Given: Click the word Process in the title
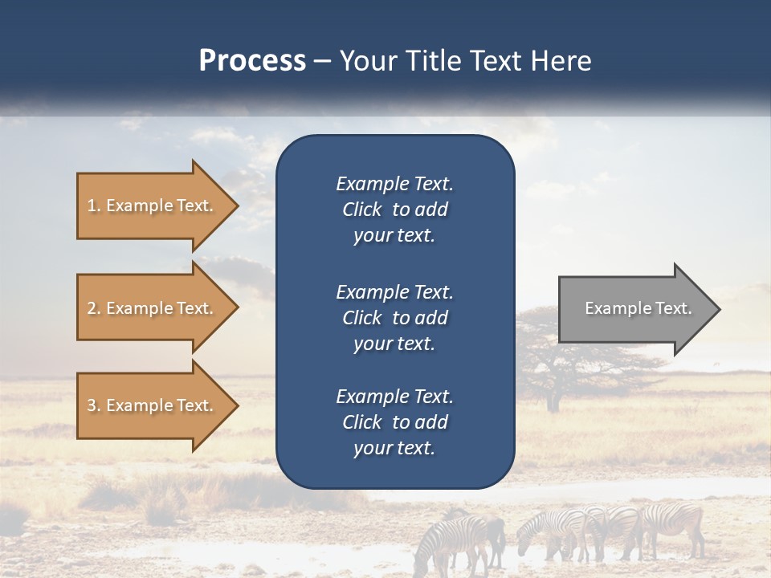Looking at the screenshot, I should point(252,61).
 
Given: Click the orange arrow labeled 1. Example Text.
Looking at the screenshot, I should point(153,206).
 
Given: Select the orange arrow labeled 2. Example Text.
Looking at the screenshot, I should point(153,308).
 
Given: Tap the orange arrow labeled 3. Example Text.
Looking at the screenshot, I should point(153,405).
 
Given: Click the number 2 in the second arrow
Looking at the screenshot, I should point(92,308).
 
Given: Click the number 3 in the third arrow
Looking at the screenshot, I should point(92,405).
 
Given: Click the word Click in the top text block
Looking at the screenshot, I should point(362,210).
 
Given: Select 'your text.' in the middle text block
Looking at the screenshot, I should point(394,344).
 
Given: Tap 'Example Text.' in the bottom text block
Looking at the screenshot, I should point(394,397).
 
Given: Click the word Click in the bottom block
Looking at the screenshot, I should point(362,422).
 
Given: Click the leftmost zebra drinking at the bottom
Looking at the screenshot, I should point(454,538).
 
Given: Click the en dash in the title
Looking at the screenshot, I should point(322,62).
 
